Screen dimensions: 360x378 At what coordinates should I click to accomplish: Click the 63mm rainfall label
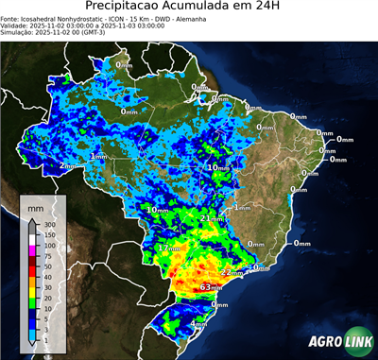211,286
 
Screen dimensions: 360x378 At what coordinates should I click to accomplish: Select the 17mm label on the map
168,248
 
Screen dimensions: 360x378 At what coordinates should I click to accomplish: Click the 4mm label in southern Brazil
198,324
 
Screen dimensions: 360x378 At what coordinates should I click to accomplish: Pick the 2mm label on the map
67,165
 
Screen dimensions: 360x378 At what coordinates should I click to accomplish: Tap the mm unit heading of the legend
36,205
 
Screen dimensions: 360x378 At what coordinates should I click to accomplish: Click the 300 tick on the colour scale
45,224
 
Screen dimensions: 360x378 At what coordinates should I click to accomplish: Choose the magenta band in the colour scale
32,250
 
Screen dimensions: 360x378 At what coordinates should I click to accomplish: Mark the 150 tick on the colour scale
45,234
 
